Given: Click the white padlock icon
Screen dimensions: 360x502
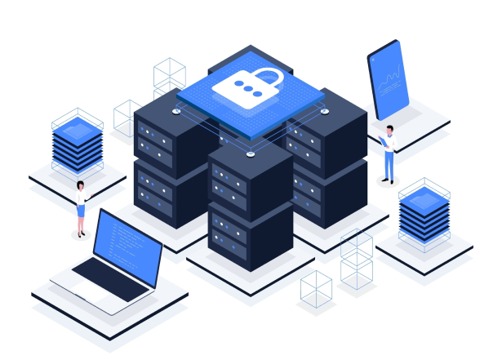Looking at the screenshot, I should (x=247, y=87).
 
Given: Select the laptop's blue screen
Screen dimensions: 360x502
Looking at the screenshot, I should (x=127, y=243).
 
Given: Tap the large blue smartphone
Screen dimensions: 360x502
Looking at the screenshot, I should (x=389, y=80).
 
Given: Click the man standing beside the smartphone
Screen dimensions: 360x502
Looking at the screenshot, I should (x=389, y=154).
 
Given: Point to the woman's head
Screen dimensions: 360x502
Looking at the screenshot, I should (x=80, y=186).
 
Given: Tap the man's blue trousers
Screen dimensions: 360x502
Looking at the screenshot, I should (x=389, y=167).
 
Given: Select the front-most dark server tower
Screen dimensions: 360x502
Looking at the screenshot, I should (x=250, y=204).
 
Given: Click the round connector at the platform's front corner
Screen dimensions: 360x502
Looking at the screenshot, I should (x=250, y=151).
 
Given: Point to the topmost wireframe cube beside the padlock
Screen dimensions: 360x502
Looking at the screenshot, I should (x=169, y=72).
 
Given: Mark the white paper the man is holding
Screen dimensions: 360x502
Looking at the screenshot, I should (x=384, y=142).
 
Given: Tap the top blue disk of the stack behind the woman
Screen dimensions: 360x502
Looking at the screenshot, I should (x=78, y=127).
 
